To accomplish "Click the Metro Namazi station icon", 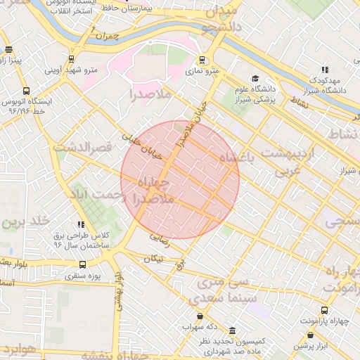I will (x=202, y=60).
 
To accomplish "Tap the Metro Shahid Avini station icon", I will (x=71, y=59).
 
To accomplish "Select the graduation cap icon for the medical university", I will (x=254, y=79).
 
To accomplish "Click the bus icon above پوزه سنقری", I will (x=83, y=265).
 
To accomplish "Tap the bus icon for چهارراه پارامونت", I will (x=324, y=310).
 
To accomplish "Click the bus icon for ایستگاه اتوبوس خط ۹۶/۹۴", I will (x=26, y=91).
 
